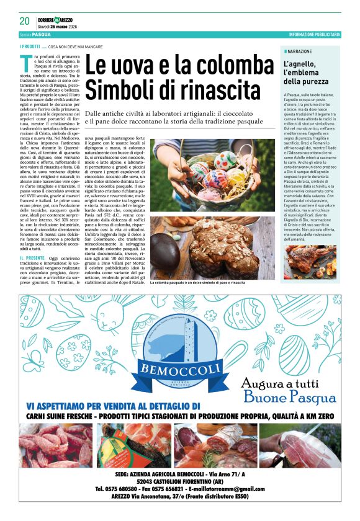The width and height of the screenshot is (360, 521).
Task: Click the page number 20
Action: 24,20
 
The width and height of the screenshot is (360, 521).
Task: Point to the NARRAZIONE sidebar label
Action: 301,51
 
